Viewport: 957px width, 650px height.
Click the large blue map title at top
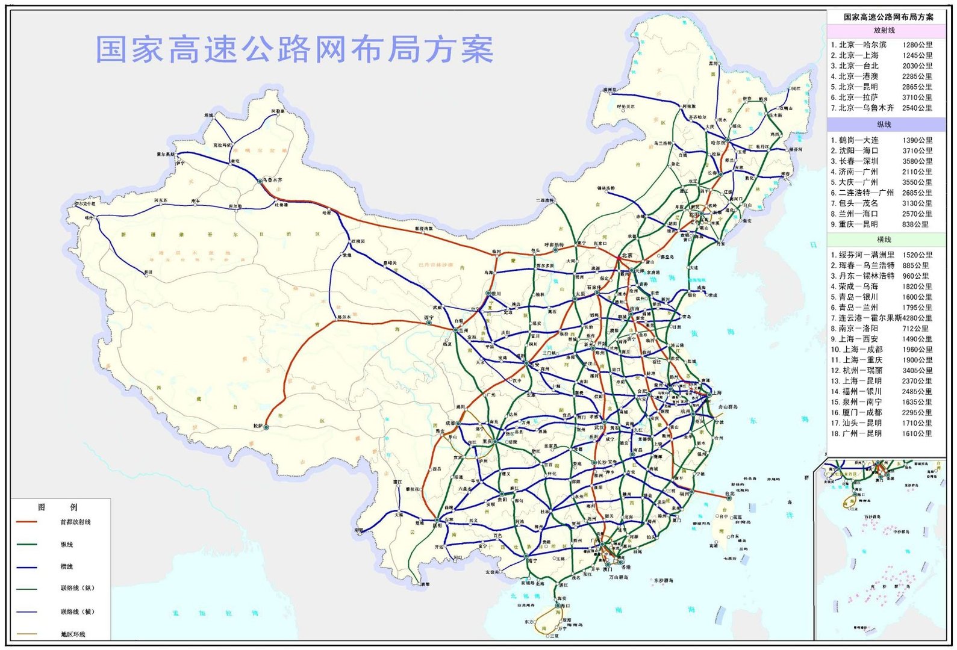click(295, 49)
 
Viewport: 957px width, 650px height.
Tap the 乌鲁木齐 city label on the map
click(272, 180)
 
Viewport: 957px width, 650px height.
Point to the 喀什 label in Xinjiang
click(90, 218)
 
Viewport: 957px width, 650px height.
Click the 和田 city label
click(148, 273)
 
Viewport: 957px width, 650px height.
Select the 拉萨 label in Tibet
click(258, 426)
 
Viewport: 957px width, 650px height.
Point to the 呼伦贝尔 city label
click(626, 107)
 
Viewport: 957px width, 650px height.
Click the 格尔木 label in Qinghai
click(344, 317)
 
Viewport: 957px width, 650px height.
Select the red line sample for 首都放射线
click(26, 522)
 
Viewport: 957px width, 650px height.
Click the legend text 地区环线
click(73, 634)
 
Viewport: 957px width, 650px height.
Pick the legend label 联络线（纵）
click(78, 588)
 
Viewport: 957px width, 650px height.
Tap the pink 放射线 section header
click(884, 30)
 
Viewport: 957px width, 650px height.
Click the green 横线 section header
click(884, 240)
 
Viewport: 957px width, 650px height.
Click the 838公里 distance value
click(915, 224)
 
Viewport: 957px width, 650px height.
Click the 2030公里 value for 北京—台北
click(917, 66)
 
